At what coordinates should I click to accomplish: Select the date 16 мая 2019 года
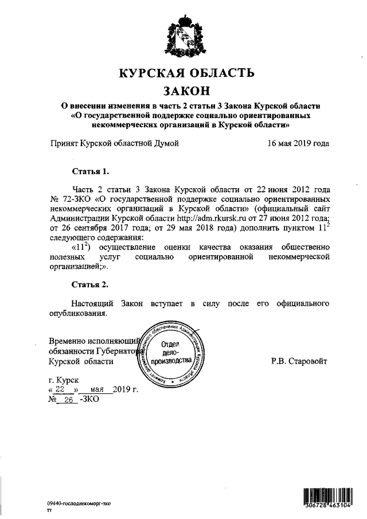298,143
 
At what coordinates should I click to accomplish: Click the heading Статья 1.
90,171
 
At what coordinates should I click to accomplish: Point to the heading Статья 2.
90,284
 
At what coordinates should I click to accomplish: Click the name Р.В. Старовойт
300,362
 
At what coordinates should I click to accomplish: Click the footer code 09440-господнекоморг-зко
79,502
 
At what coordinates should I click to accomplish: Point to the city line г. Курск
65,380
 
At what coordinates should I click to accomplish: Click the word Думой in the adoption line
166,143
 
